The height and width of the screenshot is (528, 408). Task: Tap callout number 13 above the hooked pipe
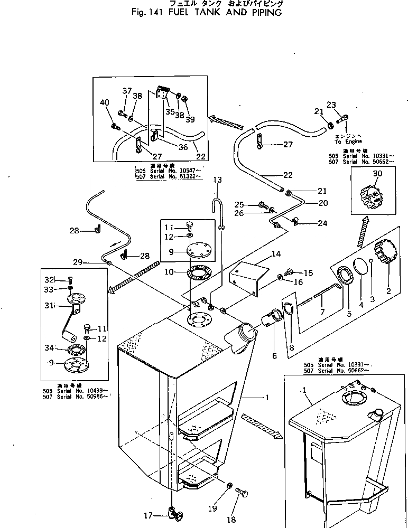[218, 180]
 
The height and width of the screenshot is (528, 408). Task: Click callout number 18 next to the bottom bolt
[231, 520]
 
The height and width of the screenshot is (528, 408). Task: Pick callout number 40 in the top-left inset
[105, 102]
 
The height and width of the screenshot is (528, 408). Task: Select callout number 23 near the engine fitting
[331, 105]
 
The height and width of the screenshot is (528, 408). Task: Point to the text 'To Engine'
[348, 142]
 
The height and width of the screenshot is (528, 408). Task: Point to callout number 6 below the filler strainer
[274, 356]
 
